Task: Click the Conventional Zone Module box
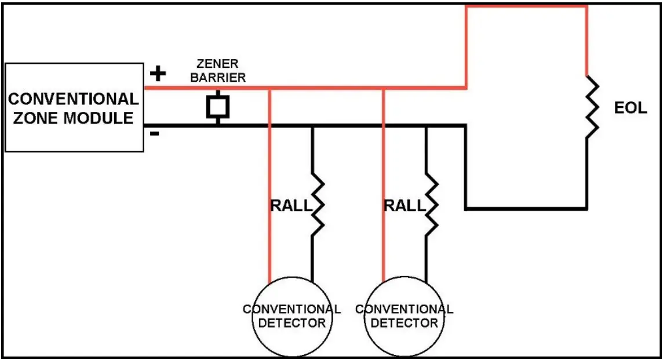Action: coord(74,108)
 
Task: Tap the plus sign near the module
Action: coord(158,74)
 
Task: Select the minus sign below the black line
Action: coord(155,134)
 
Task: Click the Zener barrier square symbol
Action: coord(218,107)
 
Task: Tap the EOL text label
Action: coord(630,108)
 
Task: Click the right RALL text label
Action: coord(405,205)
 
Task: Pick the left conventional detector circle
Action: coord(292,316)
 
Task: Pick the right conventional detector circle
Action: coord(405,316)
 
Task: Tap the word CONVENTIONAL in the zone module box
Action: coord(73,99)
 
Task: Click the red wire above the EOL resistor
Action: coord(588,41)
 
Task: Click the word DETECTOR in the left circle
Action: coord(292,323)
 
